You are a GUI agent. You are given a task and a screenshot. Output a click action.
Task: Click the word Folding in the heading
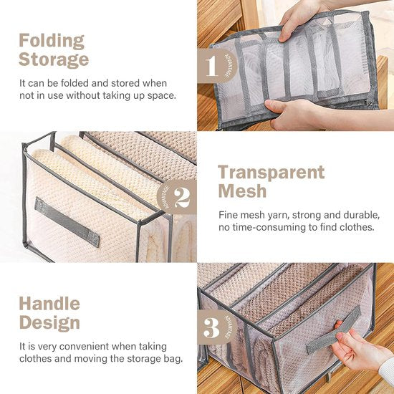click(x=52, y=42)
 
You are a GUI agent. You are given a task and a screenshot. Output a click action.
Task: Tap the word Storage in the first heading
click(x=54, y=59)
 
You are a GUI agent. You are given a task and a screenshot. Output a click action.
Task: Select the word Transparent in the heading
click(x=272, y=173)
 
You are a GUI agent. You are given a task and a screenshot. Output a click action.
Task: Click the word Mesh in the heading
click(x=242, y=191)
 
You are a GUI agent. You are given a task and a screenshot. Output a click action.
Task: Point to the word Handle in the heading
click(x=49, y=304)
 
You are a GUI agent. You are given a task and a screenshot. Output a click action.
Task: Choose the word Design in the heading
click(x=49, y=322)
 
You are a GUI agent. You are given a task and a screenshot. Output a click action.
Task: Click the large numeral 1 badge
click(x=211, y=66)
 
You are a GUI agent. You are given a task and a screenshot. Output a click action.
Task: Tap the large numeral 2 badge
click(x=182, y=198)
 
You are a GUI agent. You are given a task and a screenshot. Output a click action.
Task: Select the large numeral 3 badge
click(x=211, y=328)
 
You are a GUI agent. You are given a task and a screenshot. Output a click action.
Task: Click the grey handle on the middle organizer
click(x=67, y=222)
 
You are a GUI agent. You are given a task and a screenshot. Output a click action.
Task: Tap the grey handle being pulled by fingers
click(x=334, y=330)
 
